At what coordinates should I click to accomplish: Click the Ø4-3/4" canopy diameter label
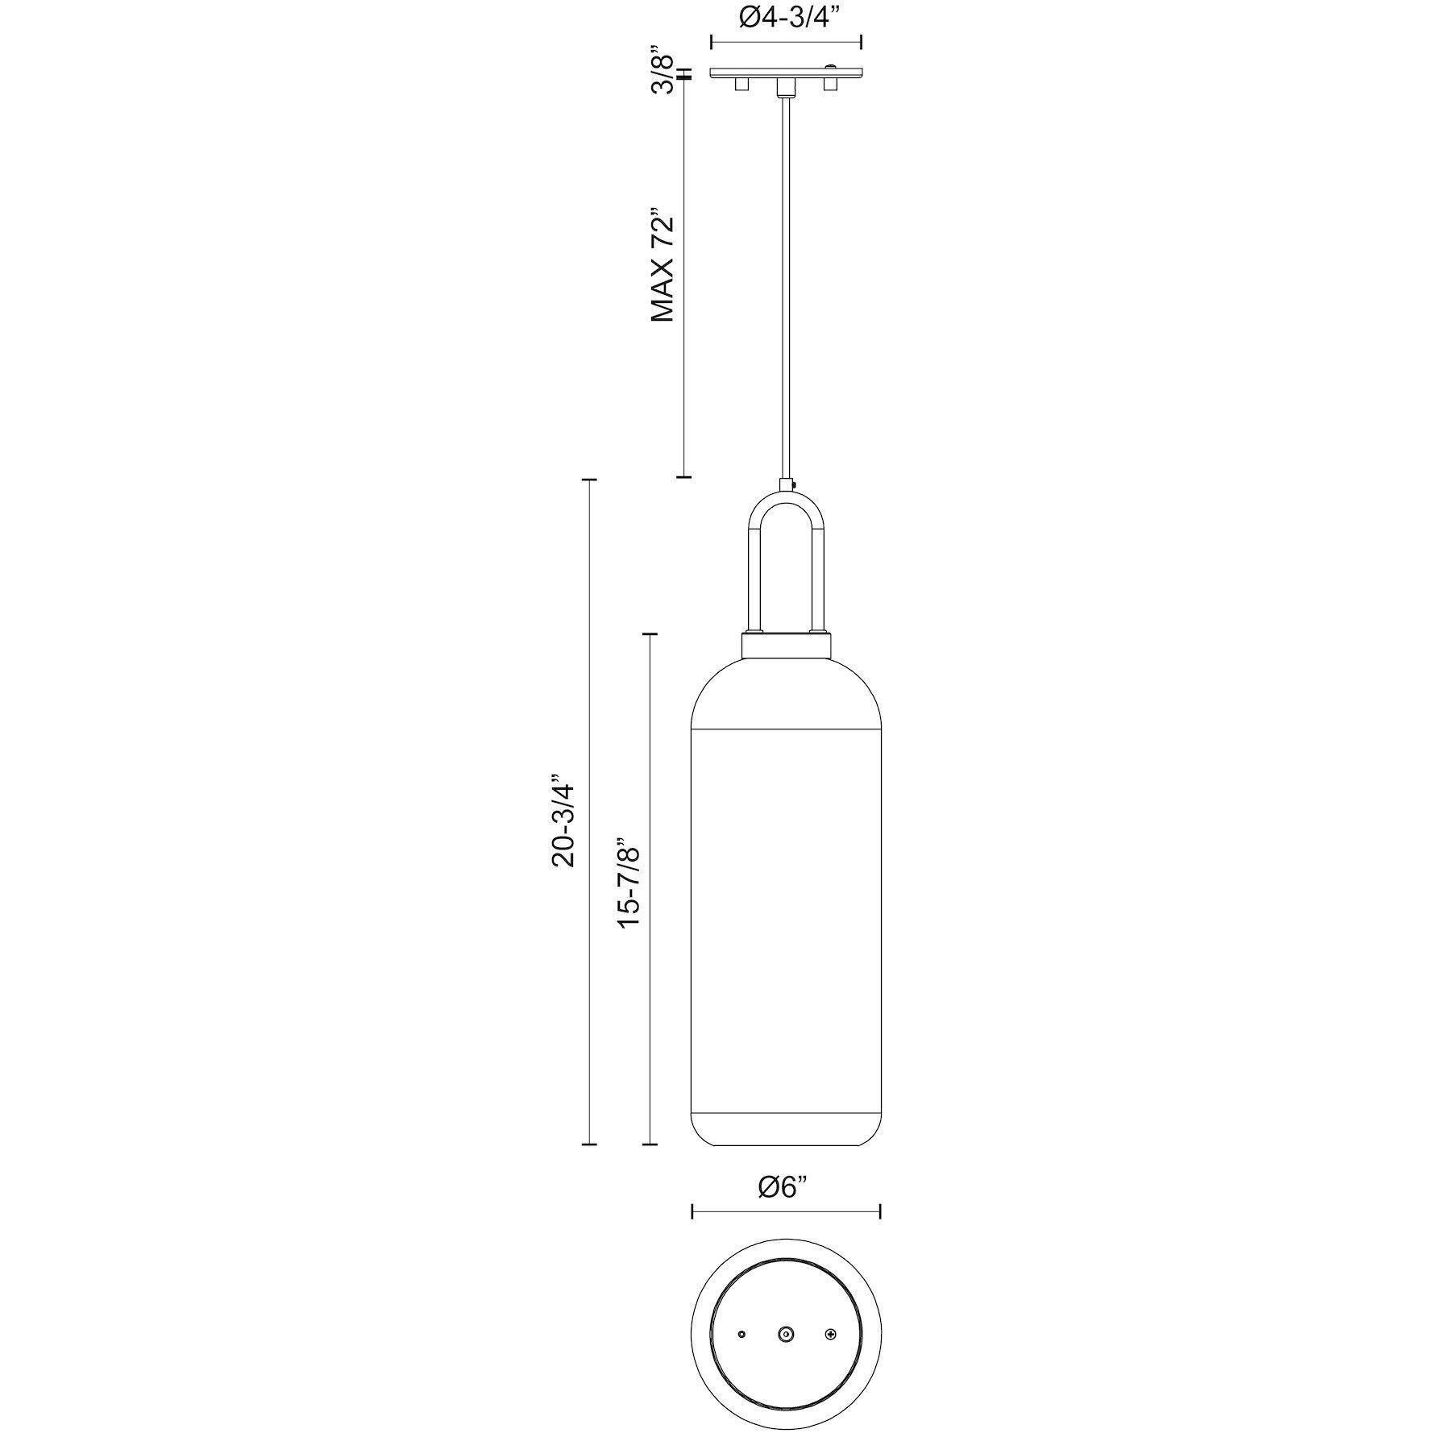pyautogui.click(x=786, y=17)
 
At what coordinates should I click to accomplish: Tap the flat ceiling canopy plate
pyautogui.click(x=786, y=73)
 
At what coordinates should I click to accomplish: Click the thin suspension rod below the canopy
pyautogui.click(x=786, y=282)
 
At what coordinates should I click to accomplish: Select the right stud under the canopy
pyautogui.click(x=829, y=85)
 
